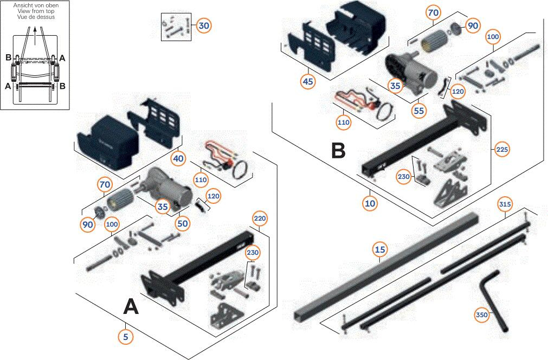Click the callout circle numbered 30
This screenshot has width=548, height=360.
tap(203, 25)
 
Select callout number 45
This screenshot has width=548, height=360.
tap(308, 81)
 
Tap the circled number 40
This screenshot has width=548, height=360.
tap(178, 159)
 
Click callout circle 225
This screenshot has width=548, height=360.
tap(502, 149)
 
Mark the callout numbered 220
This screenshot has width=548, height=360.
tap(259, 219)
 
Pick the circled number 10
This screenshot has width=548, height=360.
tap(370, 203)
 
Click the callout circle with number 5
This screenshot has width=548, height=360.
tap(126, 336)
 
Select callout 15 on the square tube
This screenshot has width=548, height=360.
tap(380, 249)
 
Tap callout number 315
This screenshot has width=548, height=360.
tap(505, 204)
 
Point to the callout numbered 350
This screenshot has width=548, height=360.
tap(481, 314)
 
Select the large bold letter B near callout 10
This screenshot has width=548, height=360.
tap(338, 150)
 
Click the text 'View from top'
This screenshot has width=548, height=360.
tap(35, 11)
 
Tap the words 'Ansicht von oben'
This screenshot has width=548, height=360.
tap(35, 5)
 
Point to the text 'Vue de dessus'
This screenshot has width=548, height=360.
tap(35, 17)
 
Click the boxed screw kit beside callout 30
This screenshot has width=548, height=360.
tap(176, 27)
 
